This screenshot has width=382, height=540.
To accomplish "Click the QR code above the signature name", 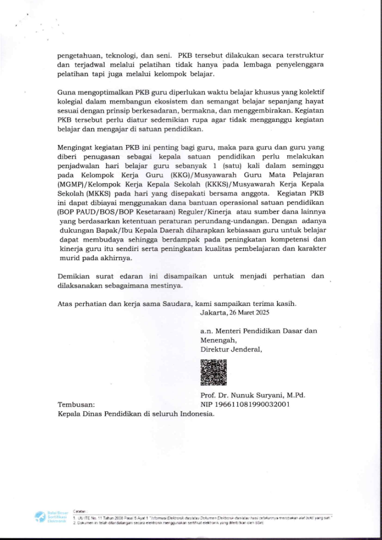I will pos(213,372).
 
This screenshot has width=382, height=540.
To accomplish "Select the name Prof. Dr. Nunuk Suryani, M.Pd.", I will pos(253,396).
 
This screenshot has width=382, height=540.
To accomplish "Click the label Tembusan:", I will pos(76,404).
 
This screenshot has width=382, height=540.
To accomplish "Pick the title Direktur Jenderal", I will pos(231,349).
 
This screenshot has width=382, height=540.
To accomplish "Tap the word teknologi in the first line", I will pos(116,54).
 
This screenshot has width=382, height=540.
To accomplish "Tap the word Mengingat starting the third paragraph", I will pos(77,148).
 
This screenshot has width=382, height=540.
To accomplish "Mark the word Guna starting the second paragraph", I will pos(66,92).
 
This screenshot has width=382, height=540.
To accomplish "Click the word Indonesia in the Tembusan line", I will pos(195,414).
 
